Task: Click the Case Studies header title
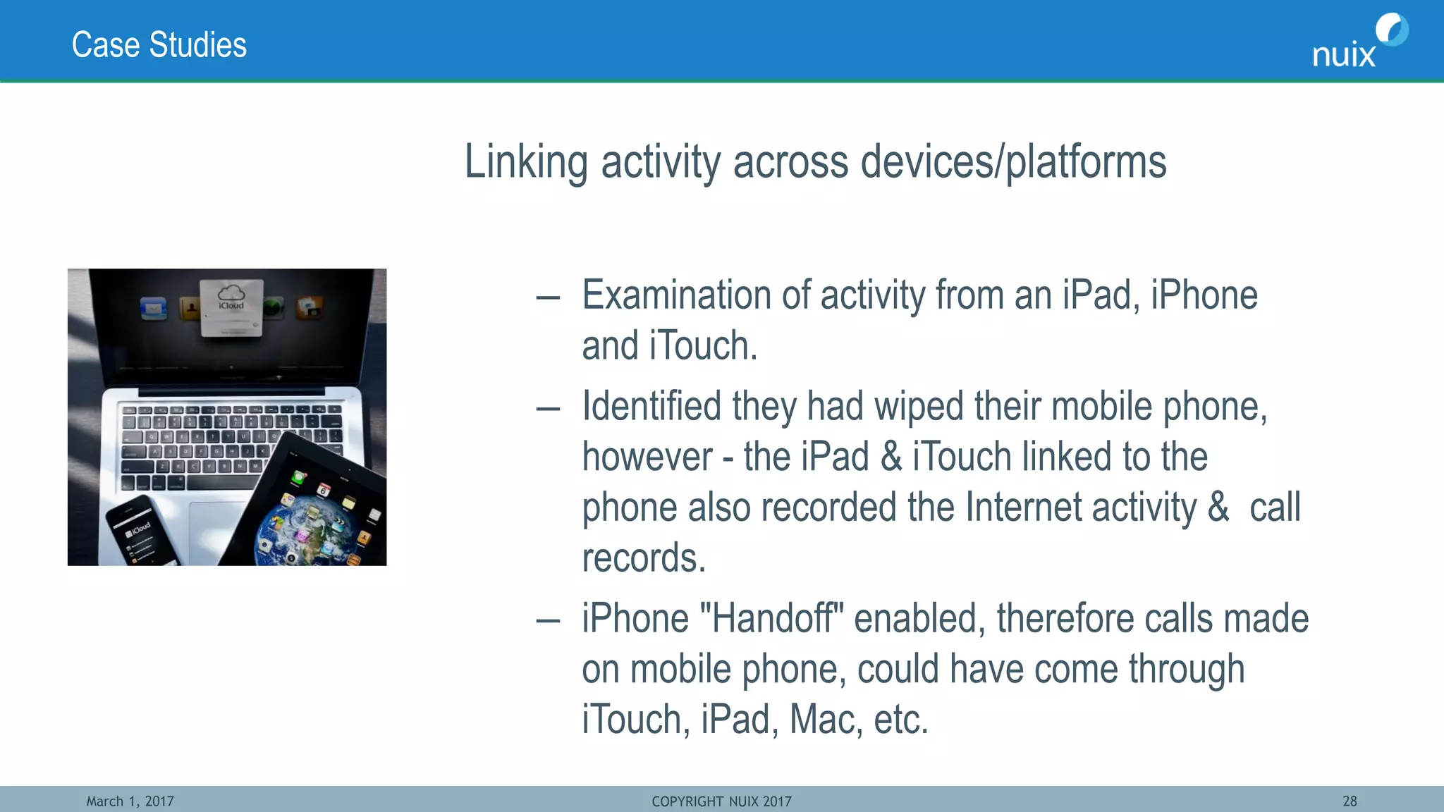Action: [x=159, y=45]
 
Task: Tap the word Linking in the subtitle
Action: [x=526, y=162]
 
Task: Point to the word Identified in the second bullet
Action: [x=651, y=407]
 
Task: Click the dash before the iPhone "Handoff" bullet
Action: [x=548, y=621]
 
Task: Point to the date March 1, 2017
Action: [x=130, y=801]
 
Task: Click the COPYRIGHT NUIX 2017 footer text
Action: [x=721, y=801]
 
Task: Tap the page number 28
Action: [x=1350, y=801]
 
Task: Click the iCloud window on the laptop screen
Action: [x=232, y=307]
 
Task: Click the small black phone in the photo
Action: [x=141, y=533]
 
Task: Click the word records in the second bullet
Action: [x=643, y=558]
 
